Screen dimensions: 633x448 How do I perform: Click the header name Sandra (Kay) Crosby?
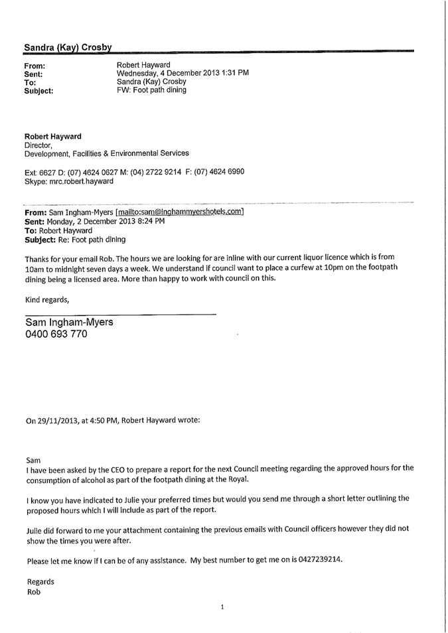pyautogui.click(x=68, y=48)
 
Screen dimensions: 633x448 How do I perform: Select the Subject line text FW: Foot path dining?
pyautogui.click(x=151, y=90)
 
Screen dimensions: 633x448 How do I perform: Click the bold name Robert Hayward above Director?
pyautogui.click(x=53, y=137)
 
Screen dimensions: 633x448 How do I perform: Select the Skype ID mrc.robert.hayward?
pyautogui.click(x=80, y=181)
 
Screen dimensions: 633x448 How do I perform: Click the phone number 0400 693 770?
pyautogui.click(x=56, y=334)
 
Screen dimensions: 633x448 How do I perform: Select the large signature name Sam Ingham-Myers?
pyautogui.click(x=69, y=322)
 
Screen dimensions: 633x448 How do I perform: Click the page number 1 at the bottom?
pyautogui.click(x=223, y=607)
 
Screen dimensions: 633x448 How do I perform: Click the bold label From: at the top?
pyautogui.click(x=35, y=66)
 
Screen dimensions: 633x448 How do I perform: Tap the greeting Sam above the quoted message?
pyautogui.click(x=33, y=459)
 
